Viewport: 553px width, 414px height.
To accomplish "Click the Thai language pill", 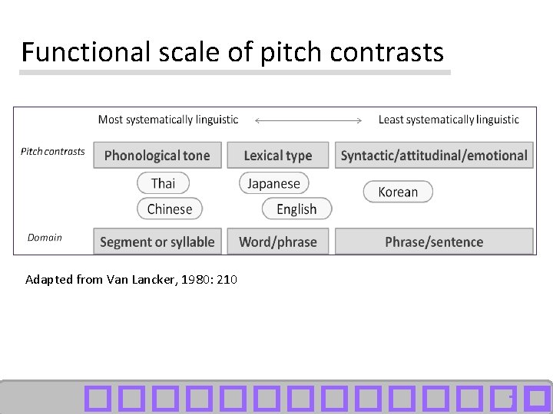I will click(163, 183).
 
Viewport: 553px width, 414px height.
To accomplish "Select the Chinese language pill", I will click(170, 209).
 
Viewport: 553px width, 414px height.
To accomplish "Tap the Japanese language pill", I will click(273, 183).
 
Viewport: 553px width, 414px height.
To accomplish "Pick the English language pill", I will click(296, 209).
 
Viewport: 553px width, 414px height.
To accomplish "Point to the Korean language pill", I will click(398, 192).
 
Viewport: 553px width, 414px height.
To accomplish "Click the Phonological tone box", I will click(157, 156).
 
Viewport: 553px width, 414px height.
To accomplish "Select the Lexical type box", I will click(278, 156).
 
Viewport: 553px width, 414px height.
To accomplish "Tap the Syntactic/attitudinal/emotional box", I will click(434, 156).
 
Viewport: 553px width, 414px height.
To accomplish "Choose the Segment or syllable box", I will click(157, 242).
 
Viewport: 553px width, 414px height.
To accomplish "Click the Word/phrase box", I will click(278, 242).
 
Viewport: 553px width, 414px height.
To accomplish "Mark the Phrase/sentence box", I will click(434, 242).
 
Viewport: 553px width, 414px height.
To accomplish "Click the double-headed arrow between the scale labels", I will click(308, 120).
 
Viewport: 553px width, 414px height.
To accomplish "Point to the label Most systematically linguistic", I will click(168, 120).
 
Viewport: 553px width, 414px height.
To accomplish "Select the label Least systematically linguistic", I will click(449, 120).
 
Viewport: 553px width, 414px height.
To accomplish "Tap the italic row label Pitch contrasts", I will click(53, 151).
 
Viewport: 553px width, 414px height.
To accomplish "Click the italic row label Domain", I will click(45, 238).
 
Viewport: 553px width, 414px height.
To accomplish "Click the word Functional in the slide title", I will click(75, 52).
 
